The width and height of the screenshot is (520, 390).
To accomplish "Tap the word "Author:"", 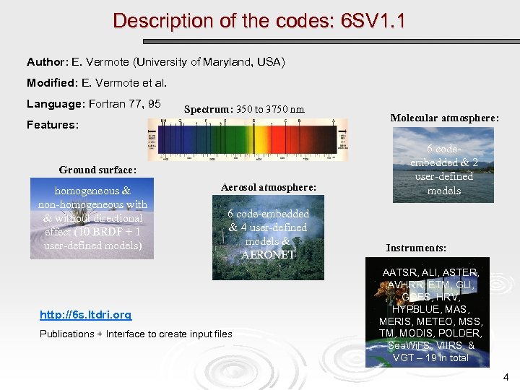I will (x=48, y=63).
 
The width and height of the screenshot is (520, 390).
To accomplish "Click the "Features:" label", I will (x=52, y=125).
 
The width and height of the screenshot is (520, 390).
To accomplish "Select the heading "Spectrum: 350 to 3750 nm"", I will (x=244, y=110).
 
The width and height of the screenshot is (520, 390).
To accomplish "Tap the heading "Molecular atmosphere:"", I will (x=444, y=118).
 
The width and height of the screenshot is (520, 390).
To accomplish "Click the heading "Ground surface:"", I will (x=97, y=170).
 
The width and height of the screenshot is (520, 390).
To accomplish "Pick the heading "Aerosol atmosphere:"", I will (x=269, y=187).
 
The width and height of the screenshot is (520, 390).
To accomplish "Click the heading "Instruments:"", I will (x=416, y=248).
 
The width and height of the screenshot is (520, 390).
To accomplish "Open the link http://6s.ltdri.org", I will (x=85, y=315).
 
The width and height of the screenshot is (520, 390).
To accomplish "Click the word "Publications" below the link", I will (x=66, y=334).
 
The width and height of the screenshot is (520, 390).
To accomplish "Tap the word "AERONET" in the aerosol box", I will (x=269, y=254).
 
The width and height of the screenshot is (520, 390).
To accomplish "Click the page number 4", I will (x=506, y=376).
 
